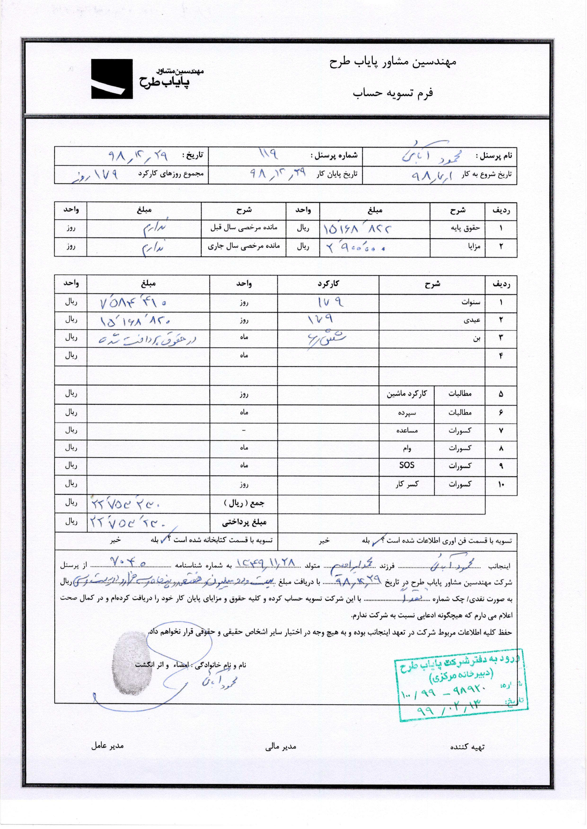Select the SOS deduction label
pyautogui.click(x=407, y=465)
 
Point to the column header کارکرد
pyautogui.click(x=328, y=284)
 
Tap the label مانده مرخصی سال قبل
pyautogui.click(x=244, y=228)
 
